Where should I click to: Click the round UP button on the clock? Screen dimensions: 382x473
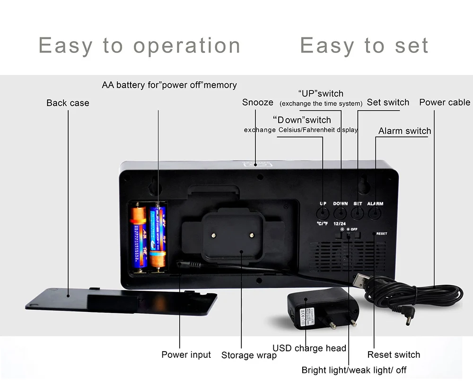(323, 213)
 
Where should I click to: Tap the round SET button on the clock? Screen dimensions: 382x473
(358, 213)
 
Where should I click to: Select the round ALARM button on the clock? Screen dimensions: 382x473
(375, 213)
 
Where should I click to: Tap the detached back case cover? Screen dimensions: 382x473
(121, 300)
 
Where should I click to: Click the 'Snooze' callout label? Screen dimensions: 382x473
(258, 102)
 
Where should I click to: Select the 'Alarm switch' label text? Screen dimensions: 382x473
(405, 131)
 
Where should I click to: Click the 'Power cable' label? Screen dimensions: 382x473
(445, 102)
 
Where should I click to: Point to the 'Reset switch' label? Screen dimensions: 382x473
(394, 355)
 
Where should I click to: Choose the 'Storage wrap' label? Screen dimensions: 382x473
(249, 355)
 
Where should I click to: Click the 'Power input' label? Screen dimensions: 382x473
(186, 355)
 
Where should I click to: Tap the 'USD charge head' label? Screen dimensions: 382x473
(309, 348)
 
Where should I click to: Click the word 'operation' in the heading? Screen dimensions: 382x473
(187, 45)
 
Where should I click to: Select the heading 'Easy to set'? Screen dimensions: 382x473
(364, 45)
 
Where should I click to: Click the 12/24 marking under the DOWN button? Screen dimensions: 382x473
(340, 223)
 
